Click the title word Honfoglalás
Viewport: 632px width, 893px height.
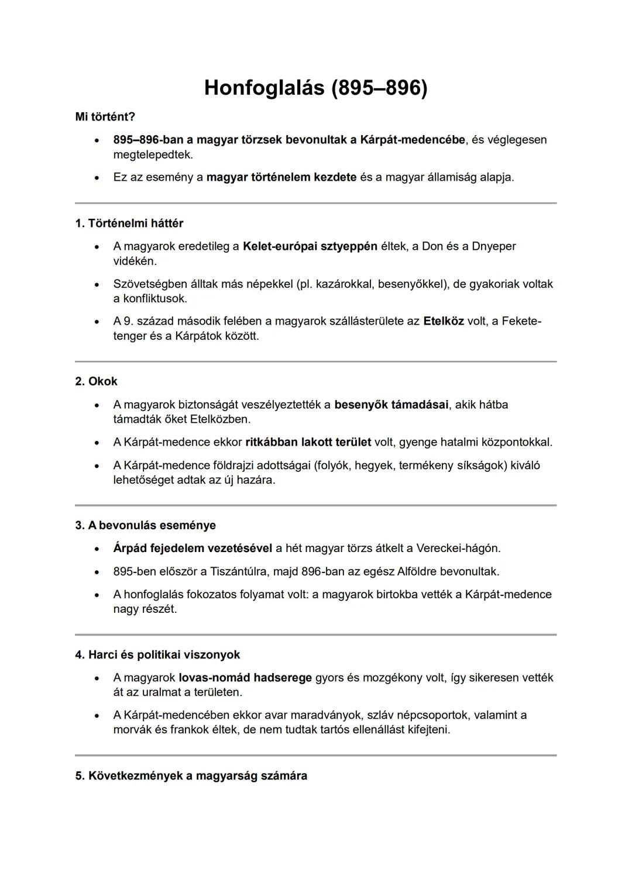263,88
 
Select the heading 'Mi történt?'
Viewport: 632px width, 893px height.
105,117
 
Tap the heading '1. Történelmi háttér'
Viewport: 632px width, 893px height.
129,223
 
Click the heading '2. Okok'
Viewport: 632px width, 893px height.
96,381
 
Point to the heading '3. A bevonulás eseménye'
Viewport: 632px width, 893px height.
145,525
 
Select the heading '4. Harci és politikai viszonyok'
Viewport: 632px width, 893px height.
157,654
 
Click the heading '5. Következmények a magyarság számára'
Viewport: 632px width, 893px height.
191,775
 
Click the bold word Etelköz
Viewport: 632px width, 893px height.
443,321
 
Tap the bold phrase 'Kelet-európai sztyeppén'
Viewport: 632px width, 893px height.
310,246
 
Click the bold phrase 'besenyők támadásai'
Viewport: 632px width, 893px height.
391,405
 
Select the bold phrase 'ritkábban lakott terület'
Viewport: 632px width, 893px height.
308,442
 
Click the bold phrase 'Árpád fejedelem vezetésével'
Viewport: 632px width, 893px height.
193,548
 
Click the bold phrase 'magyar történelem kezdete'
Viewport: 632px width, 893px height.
281,177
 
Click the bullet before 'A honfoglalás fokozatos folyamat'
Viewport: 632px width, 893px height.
97,595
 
